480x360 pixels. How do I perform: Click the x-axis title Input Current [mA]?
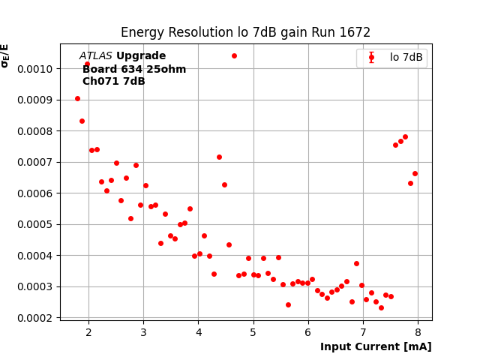pos(376,346)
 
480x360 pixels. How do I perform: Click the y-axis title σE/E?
pos(5,55)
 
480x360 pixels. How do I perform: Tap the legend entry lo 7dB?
pos(406,58)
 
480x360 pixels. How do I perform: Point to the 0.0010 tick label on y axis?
pos(37,69)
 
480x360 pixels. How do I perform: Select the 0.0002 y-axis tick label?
pos(37,318)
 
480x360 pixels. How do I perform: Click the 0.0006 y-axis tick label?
pos(37,193)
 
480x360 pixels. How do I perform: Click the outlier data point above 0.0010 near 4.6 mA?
pos(234,55)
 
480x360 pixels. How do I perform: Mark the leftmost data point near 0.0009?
pos(77,98)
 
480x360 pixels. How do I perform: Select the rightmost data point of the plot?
pos(415,173)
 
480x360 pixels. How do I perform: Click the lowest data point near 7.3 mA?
pos(381,307)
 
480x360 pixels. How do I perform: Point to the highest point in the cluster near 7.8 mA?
pos(405,137)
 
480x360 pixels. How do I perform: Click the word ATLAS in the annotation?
pos(95,56)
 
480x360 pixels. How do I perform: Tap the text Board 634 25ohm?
pos(134,69)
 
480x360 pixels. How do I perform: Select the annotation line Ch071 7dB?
pos(113,82)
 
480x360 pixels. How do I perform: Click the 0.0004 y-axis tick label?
pos(37,256)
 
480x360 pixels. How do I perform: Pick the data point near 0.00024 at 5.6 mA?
pos(288,304)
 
